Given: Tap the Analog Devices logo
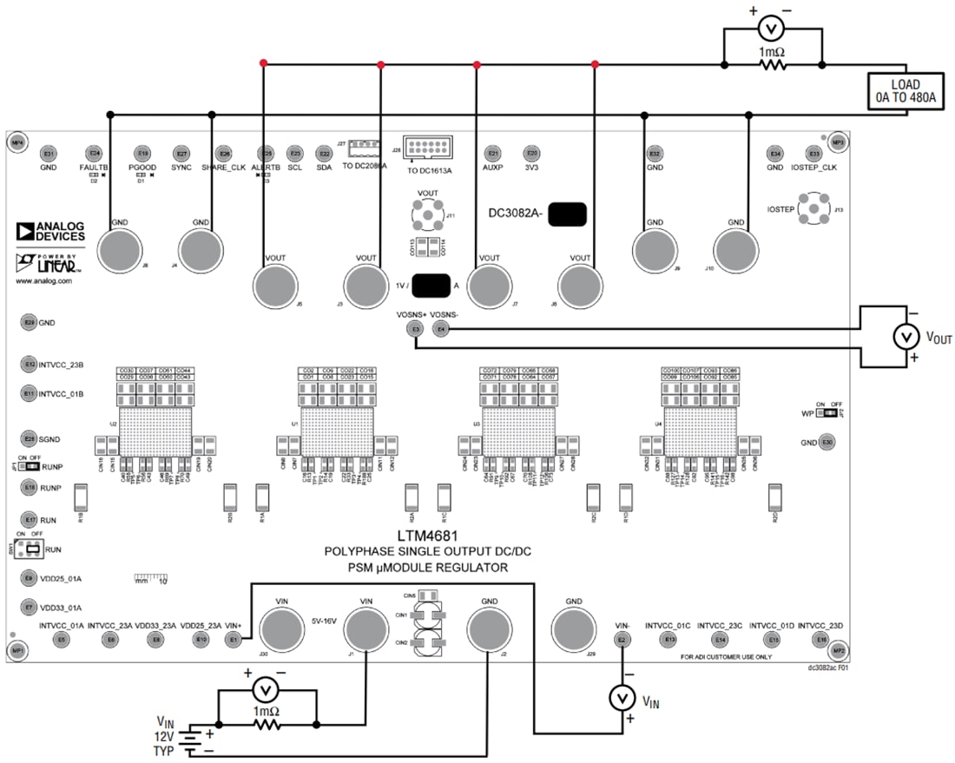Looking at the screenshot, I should point(50,231).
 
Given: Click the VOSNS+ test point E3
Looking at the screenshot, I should point(416,329).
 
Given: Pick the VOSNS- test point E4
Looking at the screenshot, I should point(442,329).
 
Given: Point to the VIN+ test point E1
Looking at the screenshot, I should point(234,640).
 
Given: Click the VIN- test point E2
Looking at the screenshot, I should point(622,640).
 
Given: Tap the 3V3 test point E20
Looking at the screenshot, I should point(532,153).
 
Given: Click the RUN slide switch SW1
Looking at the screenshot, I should point(31,549).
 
